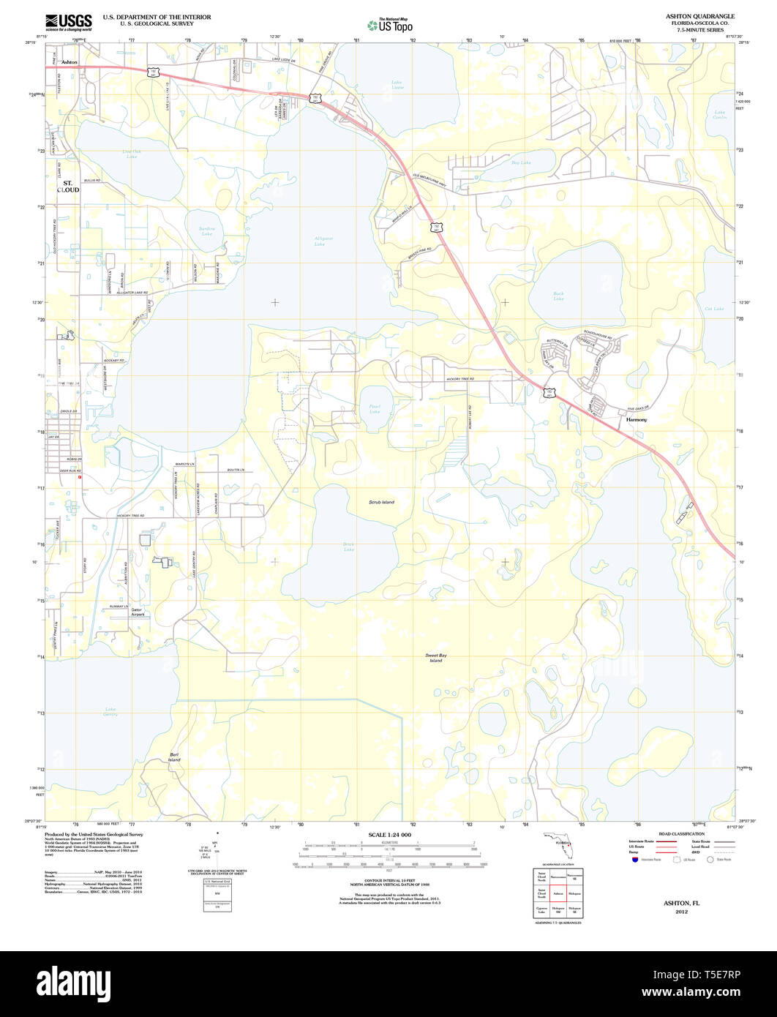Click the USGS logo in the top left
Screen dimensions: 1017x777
(69, 21)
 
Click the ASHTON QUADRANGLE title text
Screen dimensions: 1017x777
(700, 16)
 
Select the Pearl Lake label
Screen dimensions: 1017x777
(374, 409)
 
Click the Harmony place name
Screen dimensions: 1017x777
(637, 420)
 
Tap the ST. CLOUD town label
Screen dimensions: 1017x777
(70, 186)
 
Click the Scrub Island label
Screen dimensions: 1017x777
(381, 502)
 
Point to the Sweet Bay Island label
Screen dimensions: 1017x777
(435, 658)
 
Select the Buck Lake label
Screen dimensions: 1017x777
(558, 296)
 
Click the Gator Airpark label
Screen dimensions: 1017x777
(138, 612)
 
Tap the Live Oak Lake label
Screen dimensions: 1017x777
(131, 154)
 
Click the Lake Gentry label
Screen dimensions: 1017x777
(110, 710)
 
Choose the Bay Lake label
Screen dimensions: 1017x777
(521, 162)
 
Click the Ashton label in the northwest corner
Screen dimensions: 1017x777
(70, 62)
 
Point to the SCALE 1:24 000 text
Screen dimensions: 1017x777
(389, 835)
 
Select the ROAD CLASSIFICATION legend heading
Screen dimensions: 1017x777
(681, 834)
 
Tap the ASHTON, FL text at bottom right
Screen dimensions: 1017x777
(681, 904)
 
